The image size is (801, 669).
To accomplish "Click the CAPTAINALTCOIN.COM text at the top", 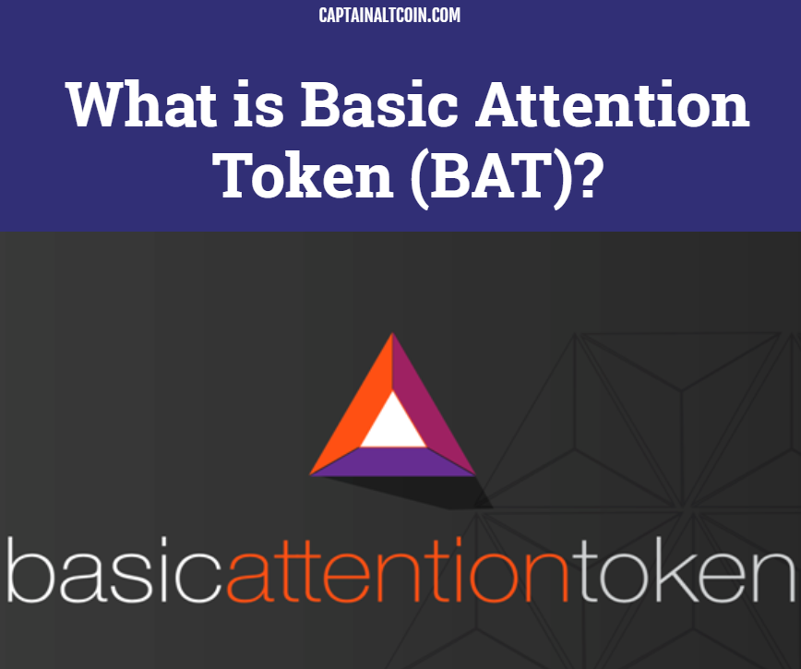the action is coord(389,15).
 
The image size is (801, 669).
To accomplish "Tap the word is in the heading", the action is coord(258,104).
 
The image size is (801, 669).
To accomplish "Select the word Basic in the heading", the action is coord(379,104).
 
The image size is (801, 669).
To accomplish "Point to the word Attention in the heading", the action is coord(613,104).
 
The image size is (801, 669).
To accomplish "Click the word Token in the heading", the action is coord(303,175).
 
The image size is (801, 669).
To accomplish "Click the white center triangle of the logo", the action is coord(393,424).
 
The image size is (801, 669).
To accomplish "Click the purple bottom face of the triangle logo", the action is coord(393,461).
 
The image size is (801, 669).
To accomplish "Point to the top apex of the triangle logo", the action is coord(392,333).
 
